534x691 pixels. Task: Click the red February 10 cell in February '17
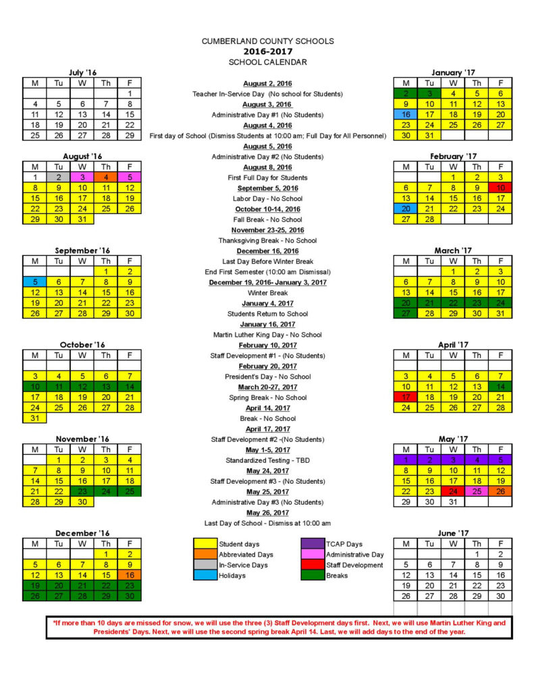coord(500,188)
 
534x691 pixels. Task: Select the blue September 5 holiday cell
coord(34,282)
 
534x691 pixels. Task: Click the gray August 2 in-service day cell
coord(59,177)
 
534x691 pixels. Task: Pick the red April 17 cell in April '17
coord(406,397)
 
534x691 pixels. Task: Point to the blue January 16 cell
coord(406,115)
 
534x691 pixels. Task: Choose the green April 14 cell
coord(500,387)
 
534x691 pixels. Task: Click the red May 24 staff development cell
coord(453,491)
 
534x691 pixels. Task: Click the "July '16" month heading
coord(82,72)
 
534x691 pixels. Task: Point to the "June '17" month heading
coord(453,533)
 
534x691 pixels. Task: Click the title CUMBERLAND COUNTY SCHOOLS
coord(267,41)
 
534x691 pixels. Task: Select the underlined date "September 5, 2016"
coord(267,188)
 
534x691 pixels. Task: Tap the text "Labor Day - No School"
coord(267,198)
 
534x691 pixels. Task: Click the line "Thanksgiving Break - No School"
coord(267,240)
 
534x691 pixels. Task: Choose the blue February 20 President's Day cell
coord(406,209)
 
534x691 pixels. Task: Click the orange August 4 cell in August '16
coord(106,177)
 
